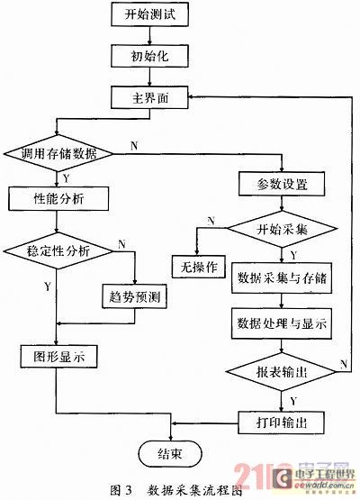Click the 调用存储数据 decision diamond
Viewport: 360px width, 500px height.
[57, 154]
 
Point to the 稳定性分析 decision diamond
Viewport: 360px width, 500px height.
[57, 252]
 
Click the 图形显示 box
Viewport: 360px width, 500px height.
[57, 355]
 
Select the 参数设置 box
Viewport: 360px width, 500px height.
[281, 185]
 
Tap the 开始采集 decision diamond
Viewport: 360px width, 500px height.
[281, 227]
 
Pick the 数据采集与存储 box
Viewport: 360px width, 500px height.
[281, 277]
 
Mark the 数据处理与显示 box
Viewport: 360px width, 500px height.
[281, 323]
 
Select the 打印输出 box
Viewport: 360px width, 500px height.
[281, 421]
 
